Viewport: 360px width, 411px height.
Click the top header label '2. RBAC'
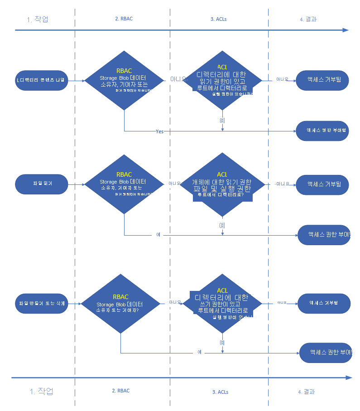point(124,19)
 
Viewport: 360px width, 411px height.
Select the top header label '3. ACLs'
point(220,19)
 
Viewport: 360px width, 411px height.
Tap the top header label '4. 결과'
point(308,19)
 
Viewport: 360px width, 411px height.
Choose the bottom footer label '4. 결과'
point(307,392)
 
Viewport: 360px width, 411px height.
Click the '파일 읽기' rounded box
point(41,184)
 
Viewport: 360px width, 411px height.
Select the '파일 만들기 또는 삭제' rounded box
point(41,303)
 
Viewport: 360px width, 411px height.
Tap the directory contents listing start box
point(41,80)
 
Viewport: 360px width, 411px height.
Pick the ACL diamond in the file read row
point(222,185)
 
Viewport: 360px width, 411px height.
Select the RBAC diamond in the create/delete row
point(120,304)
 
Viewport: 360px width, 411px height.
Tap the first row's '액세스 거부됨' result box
point(323,79)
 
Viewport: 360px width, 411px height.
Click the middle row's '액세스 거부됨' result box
point(323,184)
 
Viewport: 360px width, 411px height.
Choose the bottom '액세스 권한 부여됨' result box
point(326,352)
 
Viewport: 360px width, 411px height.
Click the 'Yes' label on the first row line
point(159,131)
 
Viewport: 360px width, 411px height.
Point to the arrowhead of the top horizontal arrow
point(346,30)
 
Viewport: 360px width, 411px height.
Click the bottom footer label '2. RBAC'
point(120,391)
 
